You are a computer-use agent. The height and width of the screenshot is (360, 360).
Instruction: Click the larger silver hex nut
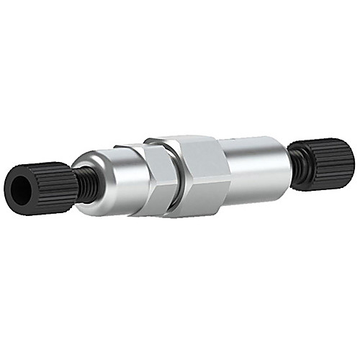[x=202, y=173]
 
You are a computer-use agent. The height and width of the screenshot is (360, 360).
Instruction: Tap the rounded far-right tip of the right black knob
[x=351, y=155]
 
